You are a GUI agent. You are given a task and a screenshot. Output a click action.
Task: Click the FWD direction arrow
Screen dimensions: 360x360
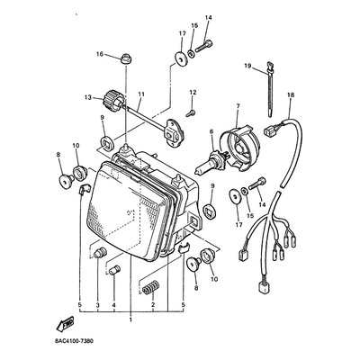65,323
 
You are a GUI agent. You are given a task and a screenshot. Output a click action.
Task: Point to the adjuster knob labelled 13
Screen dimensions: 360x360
114,101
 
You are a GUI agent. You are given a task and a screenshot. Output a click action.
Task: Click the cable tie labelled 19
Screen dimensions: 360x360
270,89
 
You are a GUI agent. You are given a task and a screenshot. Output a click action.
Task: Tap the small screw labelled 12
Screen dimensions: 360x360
190,113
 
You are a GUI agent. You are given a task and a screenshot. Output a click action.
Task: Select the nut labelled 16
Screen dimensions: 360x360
126,58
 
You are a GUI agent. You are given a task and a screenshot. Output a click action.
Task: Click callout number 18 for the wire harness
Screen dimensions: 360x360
291,95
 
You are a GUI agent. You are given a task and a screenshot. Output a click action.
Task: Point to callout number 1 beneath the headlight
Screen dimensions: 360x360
130,320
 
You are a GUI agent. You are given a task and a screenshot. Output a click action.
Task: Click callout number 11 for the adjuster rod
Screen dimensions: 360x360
141,94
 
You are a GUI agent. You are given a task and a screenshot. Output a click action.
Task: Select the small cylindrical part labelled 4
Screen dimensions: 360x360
114,270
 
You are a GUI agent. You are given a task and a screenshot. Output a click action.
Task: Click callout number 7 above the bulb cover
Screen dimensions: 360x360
238,106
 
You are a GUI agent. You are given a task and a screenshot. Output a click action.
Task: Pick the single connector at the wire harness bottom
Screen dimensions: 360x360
263,287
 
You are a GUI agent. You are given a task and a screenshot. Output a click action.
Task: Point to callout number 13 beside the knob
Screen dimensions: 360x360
88,97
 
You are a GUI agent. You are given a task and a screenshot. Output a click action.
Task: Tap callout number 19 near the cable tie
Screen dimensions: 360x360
247,66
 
